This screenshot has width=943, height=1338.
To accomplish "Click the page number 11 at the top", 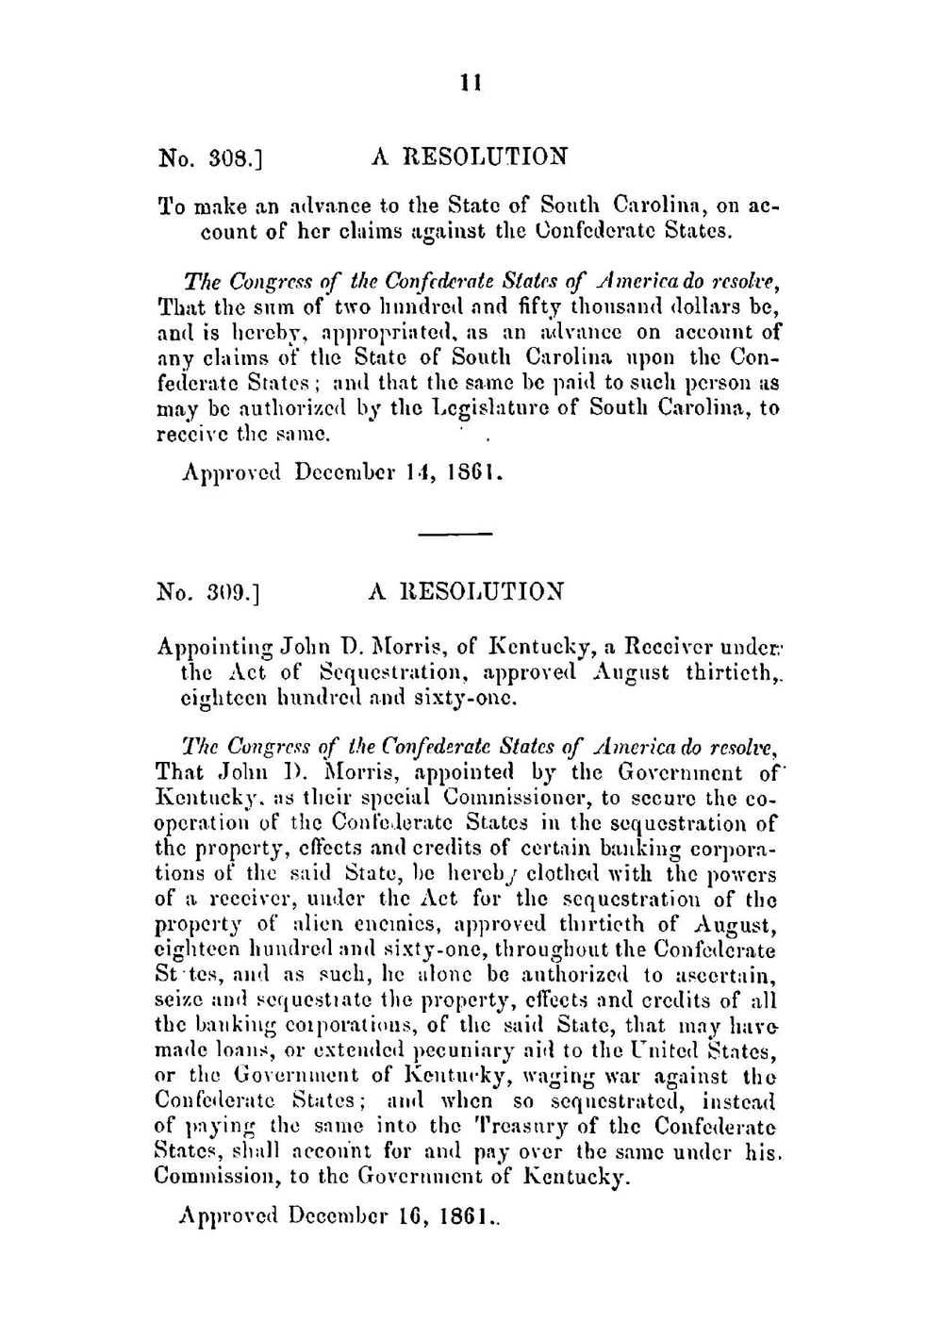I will click(x=471, y=83).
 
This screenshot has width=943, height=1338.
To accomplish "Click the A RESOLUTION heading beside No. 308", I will click(x=469, y=157).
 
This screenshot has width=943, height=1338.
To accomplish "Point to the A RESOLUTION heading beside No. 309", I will click(x=466, y=592).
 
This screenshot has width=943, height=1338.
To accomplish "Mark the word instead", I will click(x=740, y=1100).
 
